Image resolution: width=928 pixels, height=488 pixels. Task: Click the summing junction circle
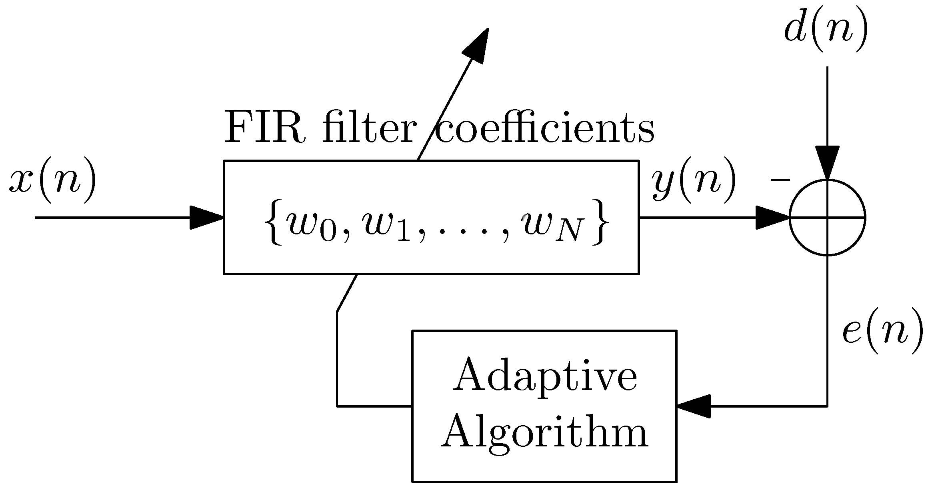[x=827, y=218]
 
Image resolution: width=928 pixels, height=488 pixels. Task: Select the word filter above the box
[x=368, y=129]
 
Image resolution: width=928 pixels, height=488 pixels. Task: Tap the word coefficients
[x=544, y=129]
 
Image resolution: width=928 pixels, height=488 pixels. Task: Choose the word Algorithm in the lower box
[x=545, y=434]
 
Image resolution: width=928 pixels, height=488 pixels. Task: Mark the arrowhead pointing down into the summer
[x=827, y=162]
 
